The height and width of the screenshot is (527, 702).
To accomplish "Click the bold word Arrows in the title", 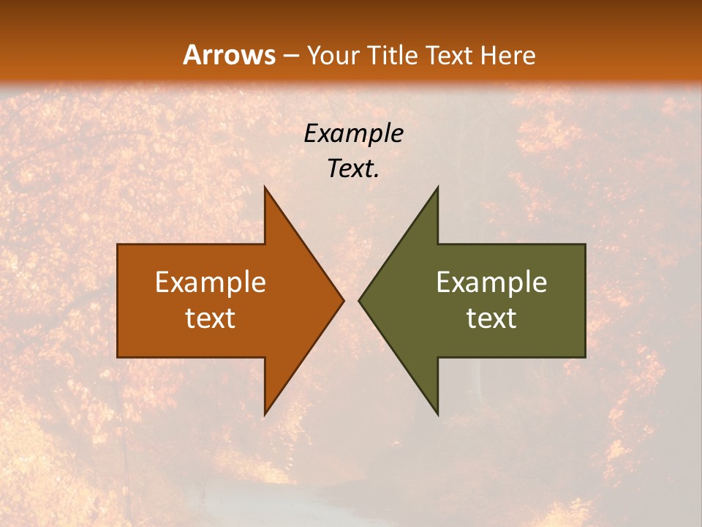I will (229, 55).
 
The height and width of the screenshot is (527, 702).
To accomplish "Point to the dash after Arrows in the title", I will (290, 56).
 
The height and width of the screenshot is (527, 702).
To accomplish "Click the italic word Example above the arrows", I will (353, 133).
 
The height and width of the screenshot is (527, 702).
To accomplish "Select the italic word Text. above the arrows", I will (353, 169).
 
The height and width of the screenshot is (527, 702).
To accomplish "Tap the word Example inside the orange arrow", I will (211, 282).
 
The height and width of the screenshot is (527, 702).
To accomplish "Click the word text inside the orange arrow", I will (211, 318).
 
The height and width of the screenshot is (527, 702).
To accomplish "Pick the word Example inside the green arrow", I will (491, 282).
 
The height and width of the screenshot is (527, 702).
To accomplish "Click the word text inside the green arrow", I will (491, 318).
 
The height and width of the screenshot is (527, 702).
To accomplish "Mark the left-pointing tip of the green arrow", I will (360, 300).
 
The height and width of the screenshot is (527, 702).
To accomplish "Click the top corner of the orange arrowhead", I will (265, 188).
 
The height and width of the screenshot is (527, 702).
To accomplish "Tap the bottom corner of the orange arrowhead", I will (265, 414).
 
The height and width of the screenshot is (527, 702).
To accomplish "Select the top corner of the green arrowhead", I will (437, 188).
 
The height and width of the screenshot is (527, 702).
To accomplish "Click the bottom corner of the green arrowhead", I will (437, 414).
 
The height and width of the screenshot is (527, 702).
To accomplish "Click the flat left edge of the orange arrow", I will (118, 300).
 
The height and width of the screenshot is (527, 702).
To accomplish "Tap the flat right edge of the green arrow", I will (585, 300).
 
